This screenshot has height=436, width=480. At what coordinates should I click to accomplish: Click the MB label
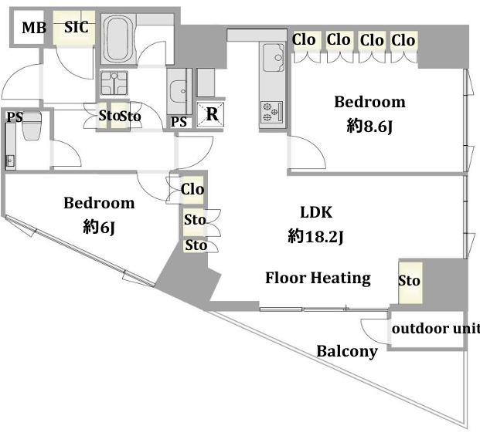pos(34,28)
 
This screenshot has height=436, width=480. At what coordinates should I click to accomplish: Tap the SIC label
pos(77,27)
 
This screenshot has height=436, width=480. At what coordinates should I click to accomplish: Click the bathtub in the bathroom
pos(118,39)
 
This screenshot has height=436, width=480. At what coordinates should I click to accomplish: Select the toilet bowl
pos(32,127)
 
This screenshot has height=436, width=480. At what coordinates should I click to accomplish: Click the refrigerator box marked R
pos(210,114)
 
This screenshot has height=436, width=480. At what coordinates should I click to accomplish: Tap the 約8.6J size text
pos(369,126)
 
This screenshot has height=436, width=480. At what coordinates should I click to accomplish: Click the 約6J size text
pos(99,227)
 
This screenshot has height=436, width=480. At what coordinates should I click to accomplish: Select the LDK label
pos(316,212)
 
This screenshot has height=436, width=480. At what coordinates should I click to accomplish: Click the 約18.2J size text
pos(315,236)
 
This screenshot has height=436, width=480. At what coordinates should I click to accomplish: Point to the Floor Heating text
pos(318,279)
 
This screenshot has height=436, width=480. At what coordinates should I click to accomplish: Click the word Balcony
pos(347,351)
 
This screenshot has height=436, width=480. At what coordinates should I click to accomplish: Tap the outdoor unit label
pos(436,329)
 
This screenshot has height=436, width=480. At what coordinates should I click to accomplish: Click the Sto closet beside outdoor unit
pos(410,282)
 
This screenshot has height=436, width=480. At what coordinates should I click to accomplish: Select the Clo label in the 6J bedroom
pos(192,189)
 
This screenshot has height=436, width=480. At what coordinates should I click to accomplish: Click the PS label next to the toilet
pos(15,117)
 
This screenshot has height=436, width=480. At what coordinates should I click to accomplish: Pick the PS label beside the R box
pos(179,122)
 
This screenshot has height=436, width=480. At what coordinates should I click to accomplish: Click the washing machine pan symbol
pos(114,83)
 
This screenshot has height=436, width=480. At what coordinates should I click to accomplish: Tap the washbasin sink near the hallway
pos(179,91)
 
